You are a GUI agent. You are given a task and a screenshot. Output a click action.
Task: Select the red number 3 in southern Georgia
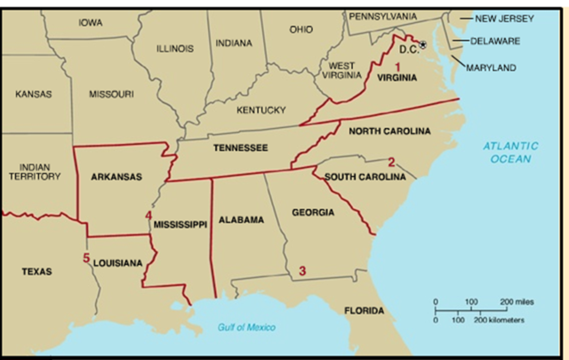click(302, 270)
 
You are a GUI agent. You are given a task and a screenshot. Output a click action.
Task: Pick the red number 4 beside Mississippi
click(148, 216)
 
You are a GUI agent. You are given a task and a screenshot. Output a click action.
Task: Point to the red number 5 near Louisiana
click(86, 259)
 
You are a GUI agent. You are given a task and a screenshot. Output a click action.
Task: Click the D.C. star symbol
click(423, 44)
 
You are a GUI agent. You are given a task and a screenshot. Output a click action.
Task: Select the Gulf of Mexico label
click(246, 327)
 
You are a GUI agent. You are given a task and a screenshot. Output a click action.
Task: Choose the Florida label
click(365, 311)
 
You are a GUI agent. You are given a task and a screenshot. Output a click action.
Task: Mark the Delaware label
click(496, 41)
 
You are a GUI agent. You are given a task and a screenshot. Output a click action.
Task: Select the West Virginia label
click(342, 71)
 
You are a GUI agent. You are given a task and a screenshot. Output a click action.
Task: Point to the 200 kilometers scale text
click(501, 319)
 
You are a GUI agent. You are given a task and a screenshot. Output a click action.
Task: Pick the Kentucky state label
click(260, 110)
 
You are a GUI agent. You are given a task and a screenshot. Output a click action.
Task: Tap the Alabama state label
click(240, 220)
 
